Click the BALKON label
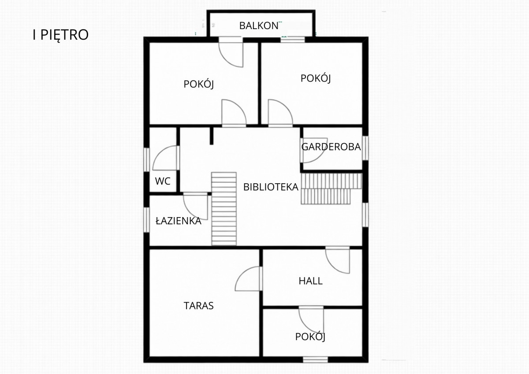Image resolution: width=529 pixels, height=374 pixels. click(x=259, y=26)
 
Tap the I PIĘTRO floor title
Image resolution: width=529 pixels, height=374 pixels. click(x=60, y=35)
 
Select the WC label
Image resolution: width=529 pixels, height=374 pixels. click(x=163, y=181)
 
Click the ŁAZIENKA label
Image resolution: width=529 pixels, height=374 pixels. click(x=179, y=221)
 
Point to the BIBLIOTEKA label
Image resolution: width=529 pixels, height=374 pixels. click(x=271, y=187)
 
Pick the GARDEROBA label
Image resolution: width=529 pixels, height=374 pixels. click(x=331, y=147)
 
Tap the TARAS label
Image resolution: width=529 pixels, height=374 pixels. click(x=199, y=306)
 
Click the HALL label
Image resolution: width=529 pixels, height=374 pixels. click(x=310, y=281)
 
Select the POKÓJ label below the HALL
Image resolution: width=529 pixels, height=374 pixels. click(x=310, y=337)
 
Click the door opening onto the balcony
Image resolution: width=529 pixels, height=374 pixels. click(x=231, y=52)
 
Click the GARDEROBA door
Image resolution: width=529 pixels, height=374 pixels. click(x=314, y=150)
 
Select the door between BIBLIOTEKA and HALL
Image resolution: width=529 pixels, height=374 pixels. click(x=338, y=260)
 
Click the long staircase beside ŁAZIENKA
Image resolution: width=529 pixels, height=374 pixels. click(x=224, y=209)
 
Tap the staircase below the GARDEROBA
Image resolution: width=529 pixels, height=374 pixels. click(x=332, y=189)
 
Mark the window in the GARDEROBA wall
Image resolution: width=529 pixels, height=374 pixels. click(x=365, y=148)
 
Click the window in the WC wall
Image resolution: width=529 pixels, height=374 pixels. click(x=147, y=159)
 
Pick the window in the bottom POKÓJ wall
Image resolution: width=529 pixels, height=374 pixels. click(x=316, y=359)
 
